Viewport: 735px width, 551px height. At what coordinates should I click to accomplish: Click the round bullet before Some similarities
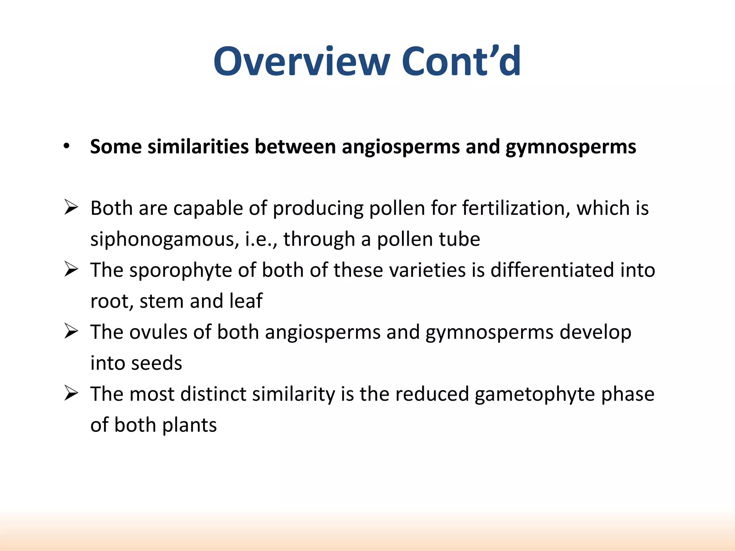pyautogui.click(x=66, y=146)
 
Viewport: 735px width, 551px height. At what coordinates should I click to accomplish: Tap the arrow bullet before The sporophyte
pyautogui.click(x=71, y=269)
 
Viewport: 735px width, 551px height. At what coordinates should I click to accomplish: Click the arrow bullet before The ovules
pyautogui.click(x=71, y=331)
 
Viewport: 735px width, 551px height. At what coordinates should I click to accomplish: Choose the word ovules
pyautogui.click(x=158, y=332)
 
